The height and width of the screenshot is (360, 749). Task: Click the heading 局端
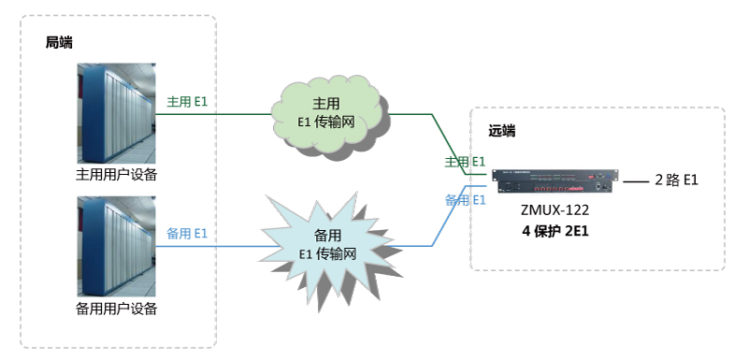(x=59, y=42)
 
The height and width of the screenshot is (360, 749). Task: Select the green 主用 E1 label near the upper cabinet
(x=187, y=102)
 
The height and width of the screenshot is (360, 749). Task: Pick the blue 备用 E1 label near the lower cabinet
(x=187, y=234)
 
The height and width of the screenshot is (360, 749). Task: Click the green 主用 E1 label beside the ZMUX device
(x=465, y=162)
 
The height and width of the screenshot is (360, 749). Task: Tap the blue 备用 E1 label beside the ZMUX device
(x=465, y=200)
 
